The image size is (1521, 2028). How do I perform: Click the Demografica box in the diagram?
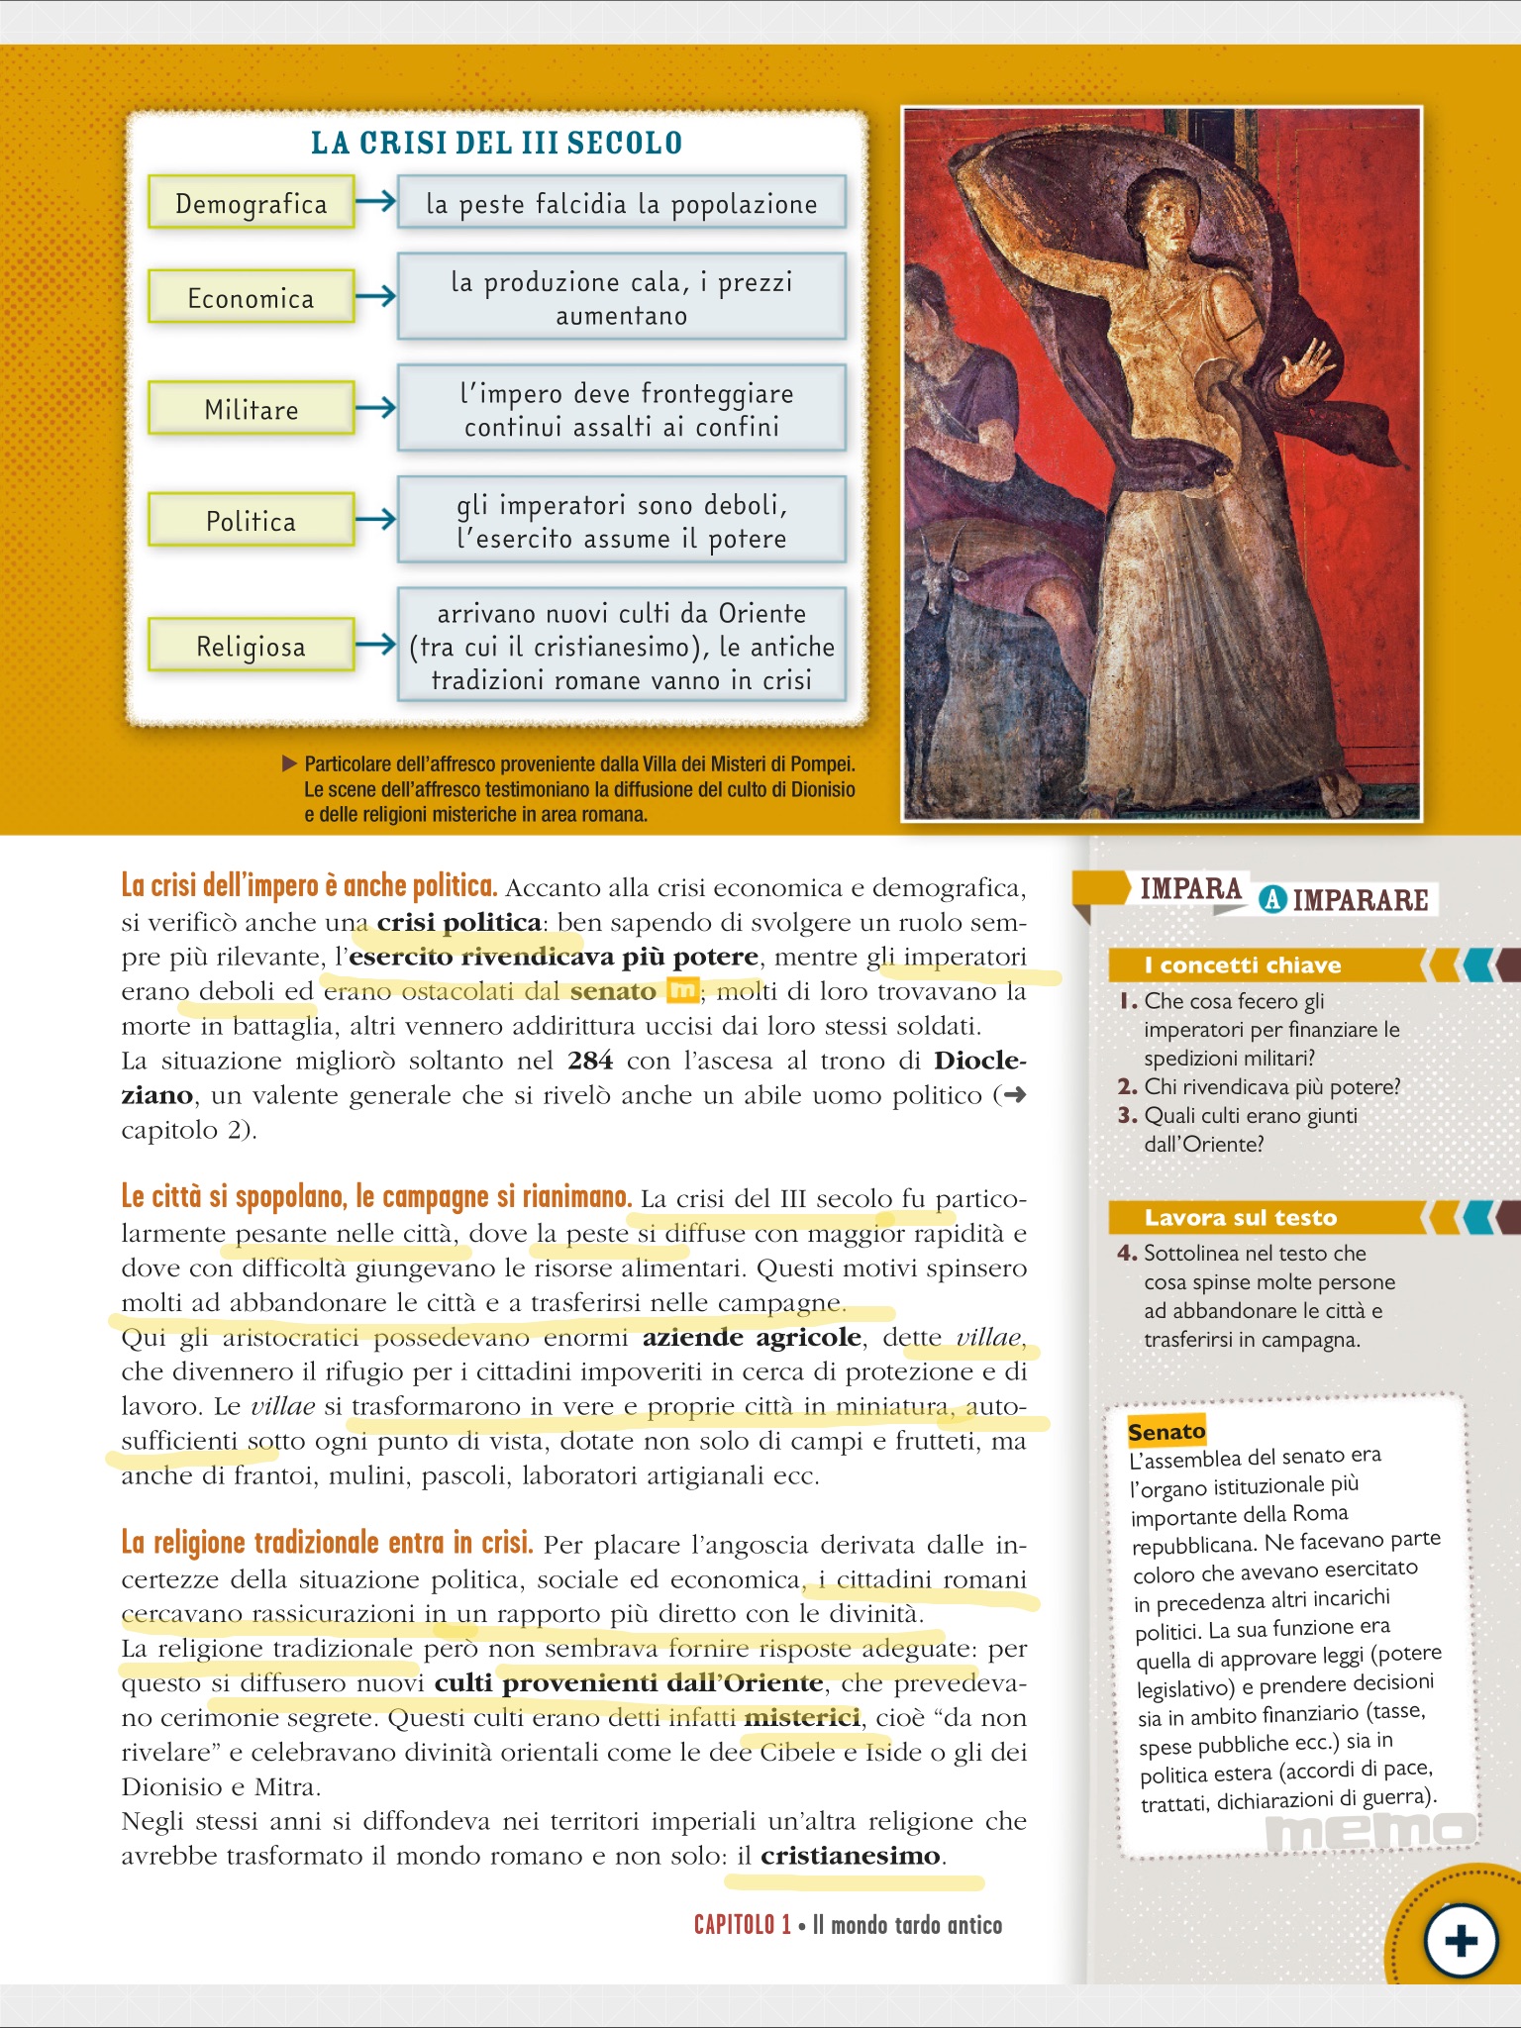tap(251, 203)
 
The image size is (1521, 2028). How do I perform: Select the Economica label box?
tap(251, 297)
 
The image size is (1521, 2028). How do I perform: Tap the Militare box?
tap(251, 409)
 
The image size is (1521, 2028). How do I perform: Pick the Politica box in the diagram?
tap(251, 521)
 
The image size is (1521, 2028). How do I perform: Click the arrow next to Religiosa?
tap(375, 646)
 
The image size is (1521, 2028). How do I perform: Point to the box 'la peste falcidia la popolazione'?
tap(621, 203)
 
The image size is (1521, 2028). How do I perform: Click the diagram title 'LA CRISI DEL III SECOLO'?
tap(496, 143)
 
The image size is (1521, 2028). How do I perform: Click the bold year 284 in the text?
tap(590, 1061)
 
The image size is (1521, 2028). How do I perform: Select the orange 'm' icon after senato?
tap(682, 990)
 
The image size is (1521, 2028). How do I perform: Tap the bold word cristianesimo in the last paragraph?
tap(851, 1856)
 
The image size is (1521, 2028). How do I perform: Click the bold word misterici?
tap(802, 1717)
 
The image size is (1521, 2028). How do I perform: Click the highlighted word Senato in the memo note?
tap(1166, 1432)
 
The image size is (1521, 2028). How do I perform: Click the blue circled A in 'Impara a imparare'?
tap(1272, 900)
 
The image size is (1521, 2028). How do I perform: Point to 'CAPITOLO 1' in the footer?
tap(742, 1925)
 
